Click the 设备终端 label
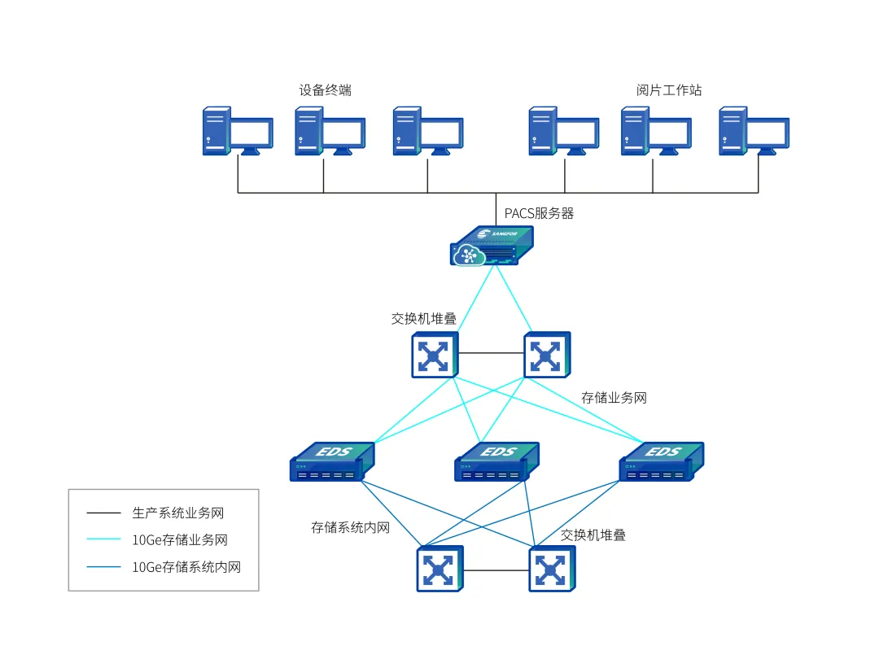(x=325, y=90)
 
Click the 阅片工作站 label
(x=668, y=90)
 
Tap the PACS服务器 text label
(x=539, y=214)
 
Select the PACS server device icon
(x=492, y=246)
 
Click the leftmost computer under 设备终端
(x=237, y=131)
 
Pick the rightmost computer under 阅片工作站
(x=754, y=131)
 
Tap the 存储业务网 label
(x=614, y=398)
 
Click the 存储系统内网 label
(x=350, y=527)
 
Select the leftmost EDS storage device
(x=332, y=462)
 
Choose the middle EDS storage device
(x=496, y=462)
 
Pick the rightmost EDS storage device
(x=661, y=462)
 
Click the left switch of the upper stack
(x=434, y=355)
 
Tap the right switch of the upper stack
(x=547, y=355)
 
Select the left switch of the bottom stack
(x=439, y=569)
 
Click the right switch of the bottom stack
(x=552, y=569)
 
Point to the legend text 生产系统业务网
(x=177, y=513)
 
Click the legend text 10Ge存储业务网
(x=179, y=539)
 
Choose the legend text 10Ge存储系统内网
(x=186, y=567)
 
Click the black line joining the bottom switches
(x=496, y=570)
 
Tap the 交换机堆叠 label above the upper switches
(x=423, y=318)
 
